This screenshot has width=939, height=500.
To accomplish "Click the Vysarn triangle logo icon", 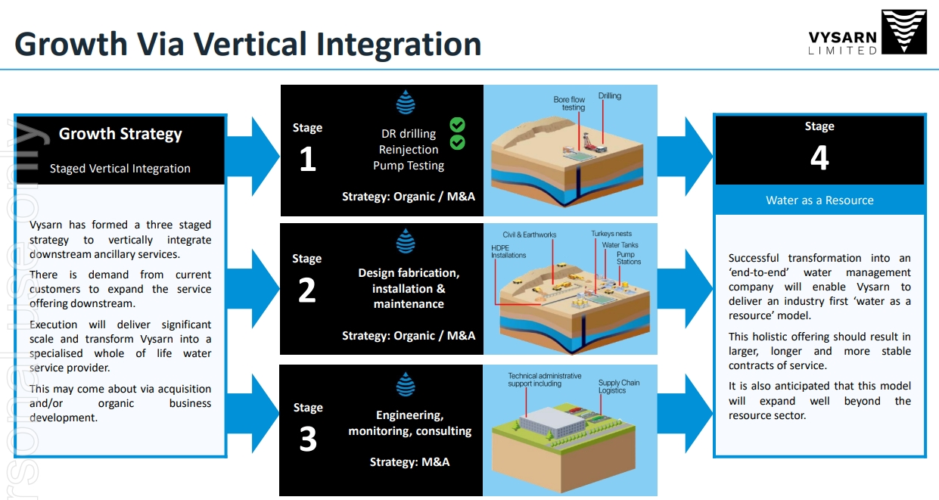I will (x=904, y=33).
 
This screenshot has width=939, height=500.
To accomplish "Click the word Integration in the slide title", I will (x=399, y=44).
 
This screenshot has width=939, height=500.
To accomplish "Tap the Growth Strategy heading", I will (x=120, y=135).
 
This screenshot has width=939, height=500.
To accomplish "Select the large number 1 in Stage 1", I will (x=307, y=160).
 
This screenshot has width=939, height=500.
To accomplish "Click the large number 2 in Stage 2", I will (x=306, y=290).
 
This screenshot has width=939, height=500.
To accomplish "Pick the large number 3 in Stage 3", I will (x=308, y=439).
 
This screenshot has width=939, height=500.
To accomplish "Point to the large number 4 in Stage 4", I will (x=819, y=158).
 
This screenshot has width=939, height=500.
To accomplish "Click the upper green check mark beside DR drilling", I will (x=457, y=125).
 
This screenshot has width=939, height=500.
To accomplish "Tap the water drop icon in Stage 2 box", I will (x=406, y=242).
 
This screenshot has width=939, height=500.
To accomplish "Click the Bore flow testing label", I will (x=569, y=104).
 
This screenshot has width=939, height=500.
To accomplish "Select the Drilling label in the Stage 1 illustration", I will (x=609, y=96).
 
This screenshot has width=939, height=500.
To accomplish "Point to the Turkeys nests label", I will (x=611, y=234).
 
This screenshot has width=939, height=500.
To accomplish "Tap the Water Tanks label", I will (x=620, y=245).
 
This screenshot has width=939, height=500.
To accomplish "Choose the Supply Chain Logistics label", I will (x=618, y=387).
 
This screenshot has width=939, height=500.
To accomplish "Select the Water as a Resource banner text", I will (x=819, y=200).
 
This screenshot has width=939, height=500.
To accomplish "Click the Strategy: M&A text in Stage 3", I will (x=409, y=461).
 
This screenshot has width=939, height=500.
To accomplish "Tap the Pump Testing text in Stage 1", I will (x=409, y=166).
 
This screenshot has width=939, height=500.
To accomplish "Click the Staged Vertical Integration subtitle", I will (x=120, y=169).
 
